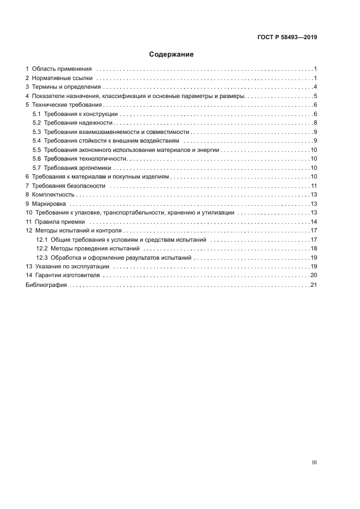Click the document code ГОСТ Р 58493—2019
287,38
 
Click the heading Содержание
171,54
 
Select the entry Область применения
62,69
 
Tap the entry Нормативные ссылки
61,78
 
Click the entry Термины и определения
66,87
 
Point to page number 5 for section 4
315,96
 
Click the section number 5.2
36,123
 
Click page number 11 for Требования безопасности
314,186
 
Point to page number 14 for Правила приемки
314,222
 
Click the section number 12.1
42,240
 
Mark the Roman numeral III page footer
314,462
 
